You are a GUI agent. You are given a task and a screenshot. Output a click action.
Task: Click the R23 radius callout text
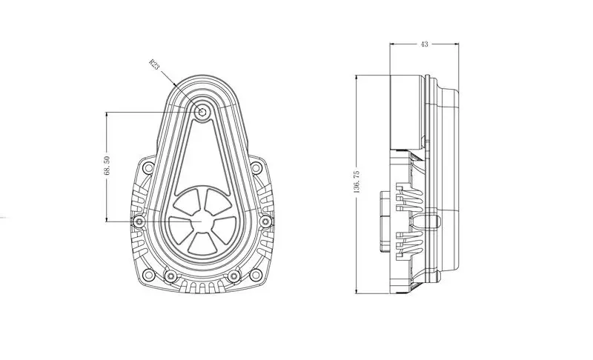pos(154,64)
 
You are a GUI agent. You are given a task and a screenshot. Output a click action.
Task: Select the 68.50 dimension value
pos(107,165)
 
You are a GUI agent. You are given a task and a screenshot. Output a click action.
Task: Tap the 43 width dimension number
pos(424,44)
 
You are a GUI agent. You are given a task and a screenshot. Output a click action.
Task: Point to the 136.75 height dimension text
pos(357,182)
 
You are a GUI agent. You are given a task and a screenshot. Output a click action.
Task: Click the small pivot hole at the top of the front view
pos(202,112)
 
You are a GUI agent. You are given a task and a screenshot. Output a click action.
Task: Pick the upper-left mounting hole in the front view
pos(150,167)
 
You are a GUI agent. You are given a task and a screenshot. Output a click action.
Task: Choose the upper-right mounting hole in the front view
pos(256,167)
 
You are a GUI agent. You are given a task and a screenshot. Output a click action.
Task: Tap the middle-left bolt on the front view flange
pos(139,221)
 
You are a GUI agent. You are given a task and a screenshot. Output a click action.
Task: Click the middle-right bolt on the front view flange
pos(266,221)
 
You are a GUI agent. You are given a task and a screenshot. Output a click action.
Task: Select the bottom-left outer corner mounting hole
pos(150,275)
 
